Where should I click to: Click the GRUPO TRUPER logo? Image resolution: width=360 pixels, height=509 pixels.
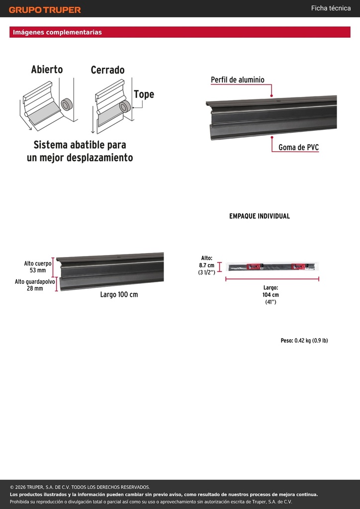coord(45,10)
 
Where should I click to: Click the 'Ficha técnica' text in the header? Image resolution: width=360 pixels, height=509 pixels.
coord(331,8)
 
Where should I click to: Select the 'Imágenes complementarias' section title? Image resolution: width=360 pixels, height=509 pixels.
coord(58,32)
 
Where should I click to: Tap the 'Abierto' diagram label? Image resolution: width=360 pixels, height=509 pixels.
coord(47,70)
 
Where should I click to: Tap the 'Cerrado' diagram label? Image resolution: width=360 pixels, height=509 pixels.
coord(107,70)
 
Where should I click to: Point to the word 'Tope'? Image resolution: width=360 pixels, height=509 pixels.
coord(144,94)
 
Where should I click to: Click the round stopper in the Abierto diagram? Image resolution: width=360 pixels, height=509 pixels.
coord(67,104)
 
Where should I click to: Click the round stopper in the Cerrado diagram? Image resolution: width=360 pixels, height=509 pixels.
coord(125,106)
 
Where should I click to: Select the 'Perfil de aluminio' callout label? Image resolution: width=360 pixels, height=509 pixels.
coord(238,80)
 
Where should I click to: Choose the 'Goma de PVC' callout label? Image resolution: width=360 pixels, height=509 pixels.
coord(299,148)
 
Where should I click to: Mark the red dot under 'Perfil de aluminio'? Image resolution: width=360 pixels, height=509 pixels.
coord(271,96)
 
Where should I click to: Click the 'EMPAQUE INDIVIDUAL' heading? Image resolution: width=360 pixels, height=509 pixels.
coord(260,216)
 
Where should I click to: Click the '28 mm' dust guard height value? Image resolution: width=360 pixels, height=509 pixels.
coord(35,288)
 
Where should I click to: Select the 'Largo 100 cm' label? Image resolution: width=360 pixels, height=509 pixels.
coord(119,295)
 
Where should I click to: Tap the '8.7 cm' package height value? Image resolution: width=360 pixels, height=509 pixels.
coord(207,265)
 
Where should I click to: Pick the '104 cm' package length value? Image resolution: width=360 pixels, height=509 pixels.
coord(270,295)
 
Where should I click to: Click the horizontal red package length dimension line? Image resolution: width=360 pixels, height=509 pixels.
coord(272,279)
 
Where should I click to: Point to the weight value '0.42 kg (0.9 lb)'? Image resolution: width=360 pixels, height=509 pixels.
coord(311,340)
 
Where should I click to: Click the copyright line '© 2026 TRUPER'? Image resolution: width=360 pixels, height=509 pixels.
coord(80,487)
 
